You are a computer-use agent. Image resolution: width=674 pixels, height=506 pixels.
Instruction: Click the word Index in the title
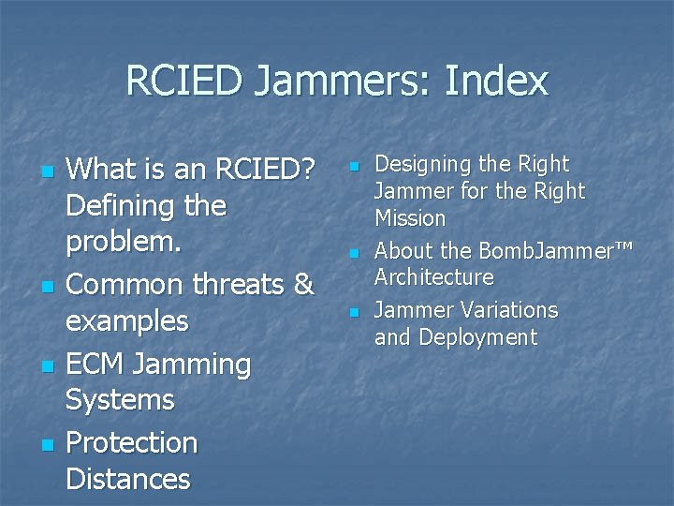coord(496,82)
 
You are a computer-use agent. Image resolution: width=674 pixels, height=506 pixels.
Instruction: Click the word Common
coord(127,284)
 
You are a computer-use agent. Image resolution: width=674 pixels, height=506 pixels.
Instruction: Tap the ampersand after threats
coord(302,284)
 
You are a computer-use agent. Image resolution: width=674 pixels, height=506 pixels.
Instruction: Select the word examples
coord(127,321)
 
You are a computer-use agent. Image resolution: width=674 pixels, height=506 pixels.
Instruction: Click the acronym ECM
coord(98,363)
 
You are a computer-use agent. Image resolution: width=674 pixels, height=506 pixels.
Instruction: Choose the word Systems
coord(120,400)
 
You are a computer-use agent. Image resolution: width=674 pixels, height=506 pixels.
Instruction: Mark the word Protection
coord(131,441)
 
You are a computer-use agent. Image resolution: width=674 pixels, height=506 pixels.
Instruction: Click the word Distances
coord(128,479)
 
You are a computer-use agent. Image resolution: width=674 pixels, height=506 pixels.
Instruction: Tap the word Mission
coord(410,218)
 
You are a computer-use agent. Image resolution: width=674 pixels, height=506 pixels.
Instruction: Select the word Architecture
coord(433,277)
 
